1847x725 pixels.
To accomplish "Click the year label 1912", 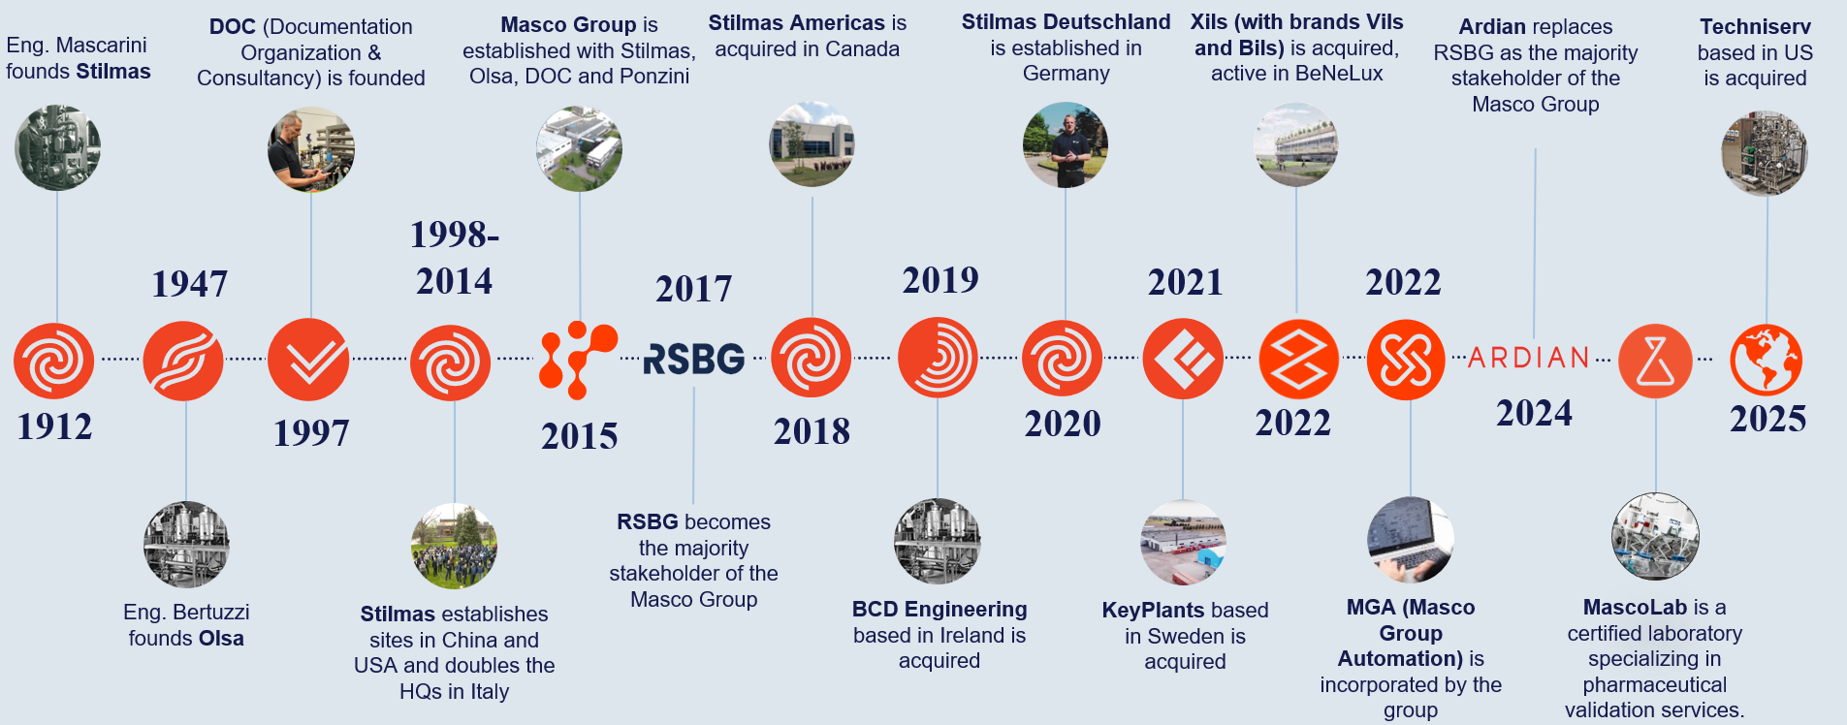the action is coord(54,426).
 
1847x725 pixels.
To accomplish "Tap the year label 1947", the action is coord(190,284).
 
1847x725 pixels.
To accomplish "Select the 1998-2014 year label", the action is coord(455,258).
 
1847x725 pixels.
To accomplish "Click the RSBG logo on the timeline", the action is coord(694,359).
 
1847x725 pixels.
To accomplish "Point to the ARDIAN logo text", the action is coord(1529,358).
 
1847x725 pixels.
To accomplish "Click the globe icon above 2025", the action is coord(1767,360).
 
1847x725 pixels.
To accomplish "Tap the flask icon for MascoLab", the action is coord(1655,361).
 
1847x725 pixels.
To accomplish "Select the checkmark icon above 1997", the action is coord(308,360).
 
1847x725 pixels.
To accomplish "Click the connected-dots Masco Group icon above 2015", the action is coord(578,360).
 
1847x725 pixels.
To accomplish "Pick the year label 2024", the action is coord(1534,413).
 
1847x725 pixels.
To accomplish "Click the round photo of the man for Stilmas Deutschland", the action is coord(1065,145).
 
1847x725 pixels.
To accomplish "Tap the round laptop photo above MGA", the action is coord(1411,540).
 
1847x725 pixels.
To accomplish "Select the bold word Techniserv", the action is coord(1755,27).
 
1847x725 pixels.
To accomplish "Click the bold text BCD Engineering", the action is coord(939,610).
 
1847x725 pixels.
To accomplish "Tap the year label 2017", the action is coord(694,289).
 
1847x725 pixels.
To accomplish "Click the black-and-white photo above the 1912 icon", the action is coord(57,148).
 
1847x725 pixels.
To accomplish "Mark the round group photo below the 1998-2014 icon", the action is coord(454,546).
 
